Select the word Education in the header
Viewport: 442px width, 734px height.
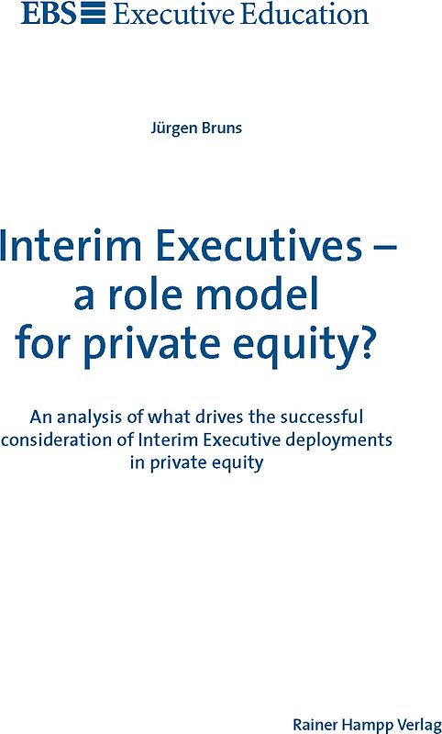click(306, 14)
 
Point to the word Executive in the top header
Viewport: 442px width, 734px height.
click(174, 14)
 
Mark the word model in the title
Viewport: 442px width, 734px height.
click(262, 295)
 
